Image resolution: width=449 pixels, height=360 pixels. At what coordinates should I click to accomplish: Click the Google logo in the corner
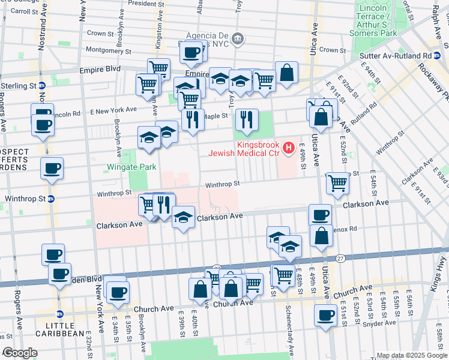click(x=19, y=353)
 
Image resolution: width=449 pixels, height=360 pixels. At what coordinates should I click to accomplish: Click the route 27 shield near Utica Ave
click(x=340, y=258)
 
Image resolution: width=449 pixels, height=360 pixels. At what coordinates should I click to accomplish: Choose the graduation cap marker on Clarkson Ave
click(x=183, y=217)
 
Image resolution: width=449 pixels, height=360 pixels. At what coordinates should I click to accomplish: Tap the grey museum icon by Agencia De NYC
click(x=238, y=40)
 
